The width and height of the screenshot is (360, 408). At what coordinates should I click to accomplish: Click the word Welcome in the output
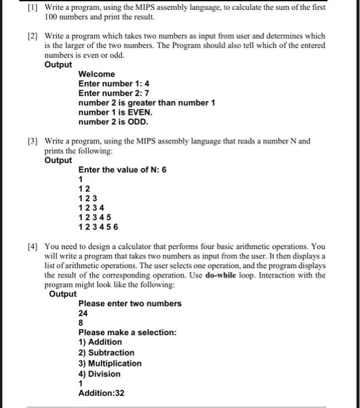(97, 74)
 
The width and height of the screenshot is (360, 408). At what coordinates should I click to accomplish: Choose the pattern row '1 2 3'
(88, 198)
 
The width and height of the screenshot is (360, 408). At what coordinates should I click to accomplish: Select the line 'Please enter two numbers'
(130, 304)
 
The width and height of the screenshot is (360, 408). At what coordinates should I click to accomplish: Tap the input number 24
(83, 313)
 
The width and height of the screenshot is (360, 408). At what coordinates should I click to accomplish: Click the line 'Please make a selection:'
(127, 332)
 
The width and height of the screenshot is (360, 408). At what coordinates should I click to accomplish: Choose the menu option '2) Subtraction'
(106, 353)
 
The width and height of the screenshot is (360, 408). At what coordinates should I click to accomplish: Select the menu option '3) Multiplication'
(110, 363)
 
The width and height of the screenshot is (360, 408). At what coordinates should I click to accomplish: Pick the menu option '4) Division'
(99, 374)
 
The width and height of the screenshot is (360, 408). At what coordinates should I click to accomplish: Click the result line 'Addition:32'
(102, 393)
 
